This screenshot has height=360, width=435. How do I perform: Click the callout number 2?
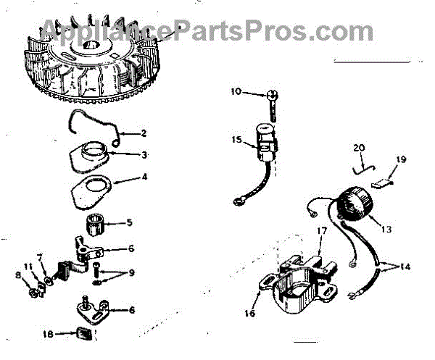tap(144, 133)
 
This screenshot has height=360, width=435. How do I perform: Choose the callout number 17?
tap(321, 230)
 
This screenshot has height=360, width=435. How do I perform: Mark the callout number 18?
tap(47, 335)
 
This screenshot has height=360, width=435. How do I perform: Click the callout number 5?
tap(130, 222)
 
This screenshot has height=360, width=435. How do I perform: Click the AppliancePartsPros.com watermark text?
tap(207, 30)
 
